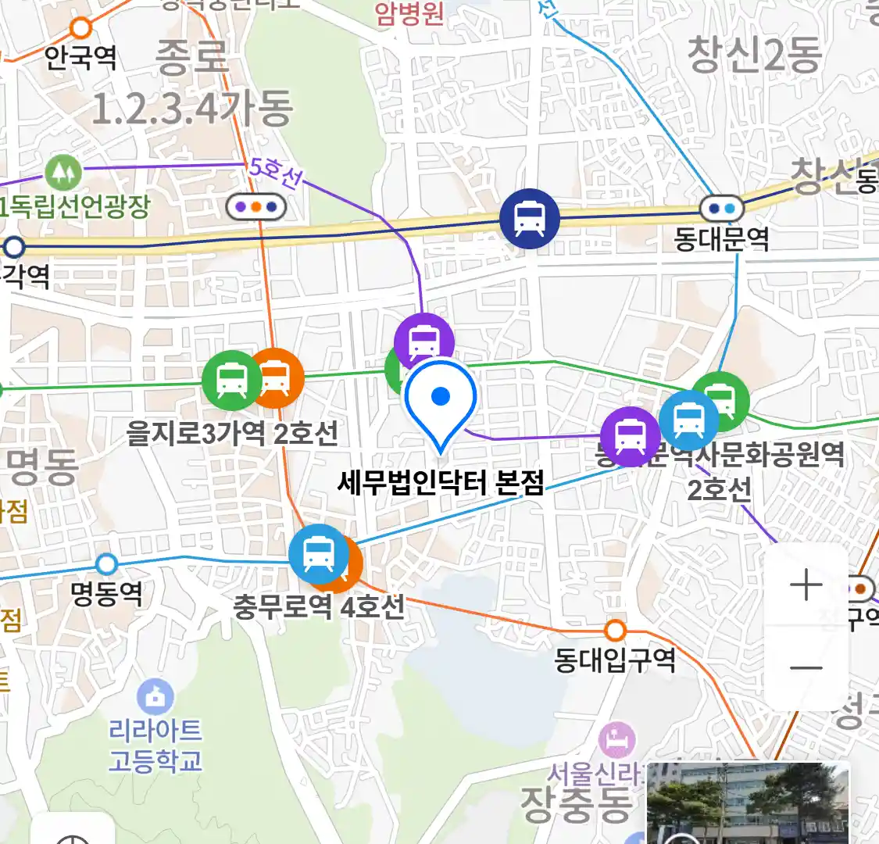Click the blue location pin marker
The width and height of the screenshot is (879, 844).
tap(441, 399)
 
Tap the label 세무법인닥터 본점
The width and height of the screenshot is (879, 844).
tap(441, 482)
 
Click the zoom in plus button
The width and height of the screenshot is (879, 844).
tap(806, 585)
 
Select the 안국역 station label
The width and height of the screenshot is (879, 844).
tap(80, 57)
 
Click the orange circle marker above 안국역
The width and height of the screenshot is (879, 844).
tap(81, 29)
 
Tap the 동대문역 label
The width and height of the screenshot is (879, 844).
tap(721, 239)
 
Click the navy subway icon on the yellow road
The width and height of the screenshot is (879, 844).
tap(531, 220)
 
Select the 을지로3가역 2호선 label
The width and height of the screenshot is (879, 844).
tap(232, 432)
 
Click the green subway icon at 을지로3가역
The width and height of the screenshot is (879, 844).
tap(231, 381)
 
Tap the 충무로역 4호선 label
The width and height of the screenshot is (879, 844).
tap(319, 606)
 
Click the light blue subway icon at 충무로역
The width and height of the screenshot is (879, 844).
tap(318, 554)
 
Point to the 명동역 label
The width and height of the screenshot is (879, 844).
tap(106, 593)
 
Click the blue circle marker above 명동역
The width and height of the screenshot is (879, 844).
tap(106, 563)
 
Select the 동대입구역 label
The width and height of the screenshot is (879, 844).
tap(615, 660)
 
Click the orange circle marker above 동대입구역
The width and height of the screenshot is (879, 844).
tap(616, 630)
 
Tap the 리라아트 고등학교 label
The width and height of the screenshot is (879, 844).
tap(155, 745)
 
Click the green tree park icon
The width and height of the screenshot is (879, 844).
tap(63, 172)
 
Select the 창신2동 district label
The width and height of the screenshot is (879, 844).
tap(754, 55)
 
